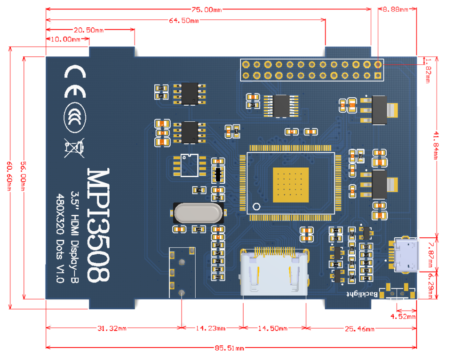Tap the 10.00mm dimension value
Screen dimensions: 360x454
tap(67, 39)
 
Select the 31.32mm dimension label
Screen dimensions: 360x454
tap(113, 328)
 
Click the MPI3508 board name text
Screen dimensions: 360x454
tap(99, 225)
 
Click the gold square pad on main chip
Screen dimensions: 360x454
tap(291, 185)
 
